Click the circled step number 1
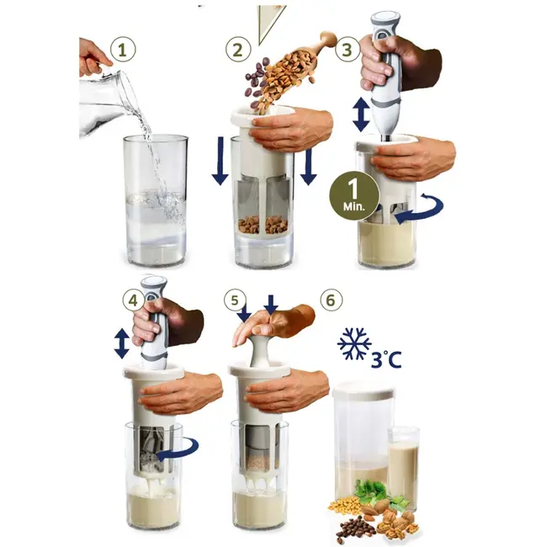pos(125,50)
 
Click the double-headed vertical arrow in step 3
pos(360,114)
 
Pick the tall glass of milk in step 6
pos(403,465)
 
